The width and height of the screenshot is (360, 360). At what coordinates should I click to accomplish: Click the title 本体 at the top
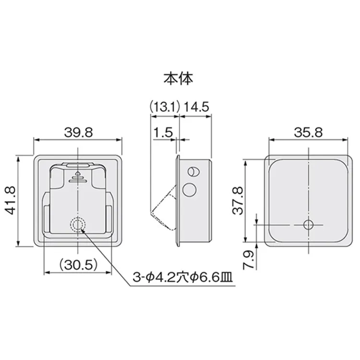click(178, 79)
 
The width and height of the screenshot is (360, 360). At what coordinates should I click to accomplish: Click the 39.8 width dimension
click(78, 132)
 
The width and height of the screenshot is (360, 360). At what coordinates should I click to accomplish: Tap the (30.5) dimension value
click(78, 264)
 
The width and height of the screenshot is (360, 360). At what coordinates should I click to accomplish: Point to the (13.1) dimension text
click(164, 107)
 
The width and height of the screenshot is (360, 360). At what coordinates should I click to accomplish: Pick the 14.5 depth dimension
click(196, 107)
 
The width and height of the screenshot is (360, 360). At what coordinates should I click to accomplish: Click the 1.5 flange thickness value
click(163, 132)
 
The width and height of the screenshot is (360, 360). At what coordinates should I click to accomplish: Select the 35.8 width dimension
click(308, 132)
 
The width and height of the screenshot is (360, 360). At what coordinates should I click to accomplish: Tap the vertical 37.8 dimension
click(238, 201)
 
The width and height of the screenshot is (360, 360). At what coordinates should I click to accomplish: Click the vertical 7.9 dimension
click(249, 259)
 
